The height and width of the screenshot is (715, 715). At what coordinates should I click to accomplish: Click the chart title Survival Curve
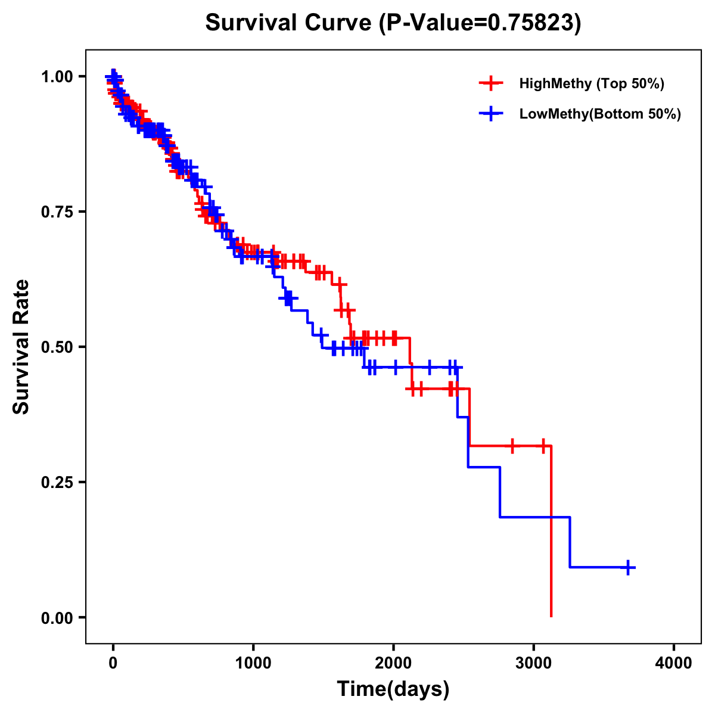pyautogui.click(x=291, y=23)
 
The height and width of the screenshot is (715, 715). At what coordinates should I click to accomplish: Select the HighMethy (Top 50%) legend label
pyautogui.click(x=591, y=83)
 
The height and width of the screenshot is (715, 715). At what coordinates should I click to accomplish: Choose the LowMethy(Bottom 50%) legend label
pyautogui.click(x=599, y=114)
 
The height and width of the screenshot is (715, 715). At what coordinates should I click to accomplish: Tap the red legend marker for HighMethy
pyautogui.click(x=491, y=83)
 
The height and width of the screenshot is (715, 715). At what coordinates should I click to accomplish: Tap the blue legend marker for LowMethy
pyautogui.click(x=491, y=114)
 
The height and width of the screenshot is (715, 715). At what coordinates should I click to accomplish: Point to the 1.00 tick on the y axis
pyautogui.click(x=57, y=77)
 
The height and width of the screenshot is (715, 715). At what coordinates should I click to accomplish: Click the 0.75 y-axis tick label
pyautogui.click(x=57, y=212)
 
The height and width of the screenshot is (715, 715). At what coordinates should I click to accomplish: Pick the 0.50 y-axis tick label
pyautogui.click(x=57, y=347)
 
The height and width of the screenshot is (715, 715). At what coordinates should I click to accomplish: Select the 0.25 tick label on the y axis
pyautogui.click(x=57, y=483)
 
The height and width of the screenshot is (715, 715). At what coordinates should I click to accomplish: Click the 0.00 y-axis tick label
pyautogui.click(x=57, y=618)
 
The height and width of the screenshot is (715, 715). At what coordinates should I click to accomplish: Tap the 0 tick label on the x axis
pyautogui.click(x=113, y=663)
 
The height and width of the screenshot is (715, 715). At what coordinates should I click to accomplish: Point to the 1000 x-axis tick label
pyautogui.click(x=253, y=663)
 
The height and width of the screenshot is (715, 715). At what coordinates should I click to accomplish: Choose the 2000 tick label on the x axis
pyautogui.click(x=393, y=663)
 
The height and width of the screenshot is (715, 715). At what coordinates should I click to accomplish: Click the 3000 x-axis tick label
pyautogui.click(x=534, y=663)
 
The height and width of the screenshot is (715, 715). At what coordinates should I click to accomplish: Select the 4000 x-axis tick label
pyautogui.click(x=674, y=663)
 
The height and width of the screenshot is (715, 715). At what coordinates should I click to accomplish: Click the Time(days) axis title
pyautogui.click(x=393, y=689)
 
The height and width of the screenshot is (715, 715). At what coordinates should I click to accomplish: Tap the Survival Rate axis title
pyautogui.click(x=22, y=347)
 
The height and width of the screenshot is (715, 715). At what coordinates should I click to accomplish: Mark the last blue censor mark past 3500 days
pyautogui.click(x=627, y=567)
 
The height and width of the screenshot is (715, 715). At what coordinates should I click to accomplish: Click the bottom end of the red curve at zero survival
pyautogui.click(x=551, y=615)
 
